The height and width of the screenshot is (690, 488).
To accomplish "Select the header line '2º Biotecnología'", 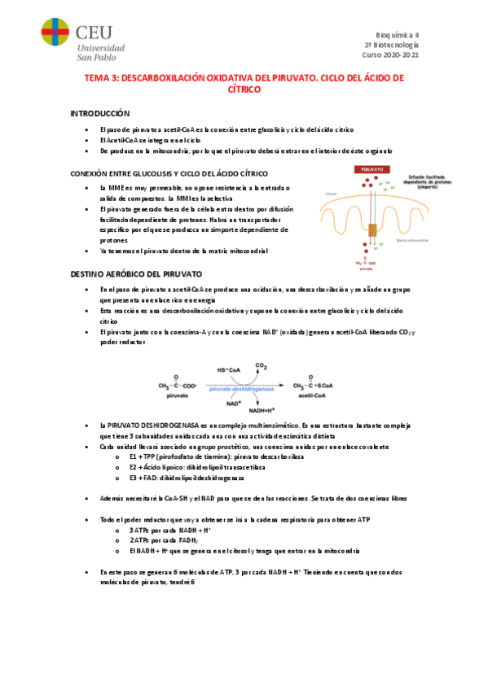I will click(391, 45).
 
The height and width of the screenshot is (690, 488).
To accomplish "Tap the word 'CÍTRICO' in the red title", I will click(244, 90).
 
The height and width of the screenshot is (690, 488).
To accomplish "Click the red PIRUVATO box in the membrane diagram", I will click(371, 169).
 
